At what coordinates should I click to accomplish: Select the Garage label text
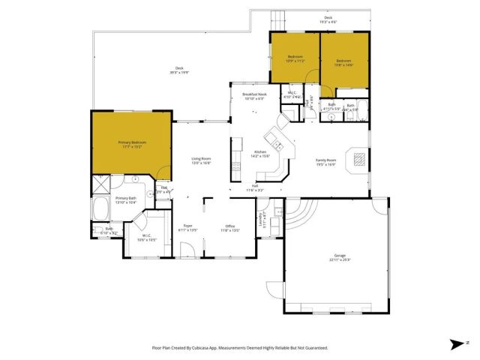[x=340, y=256]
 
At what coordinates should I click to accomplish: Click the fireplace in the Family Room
[x=359, y=158]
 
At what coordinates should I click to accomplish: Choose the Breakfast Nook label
[x=254, y=94]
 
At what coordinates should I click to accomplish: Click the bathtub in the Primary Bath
[x=101, y=208]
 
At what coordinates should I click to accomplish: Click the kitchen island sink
[x=276, y=145]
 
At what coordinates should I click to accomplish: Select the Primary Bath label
[x=125, y=199]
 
